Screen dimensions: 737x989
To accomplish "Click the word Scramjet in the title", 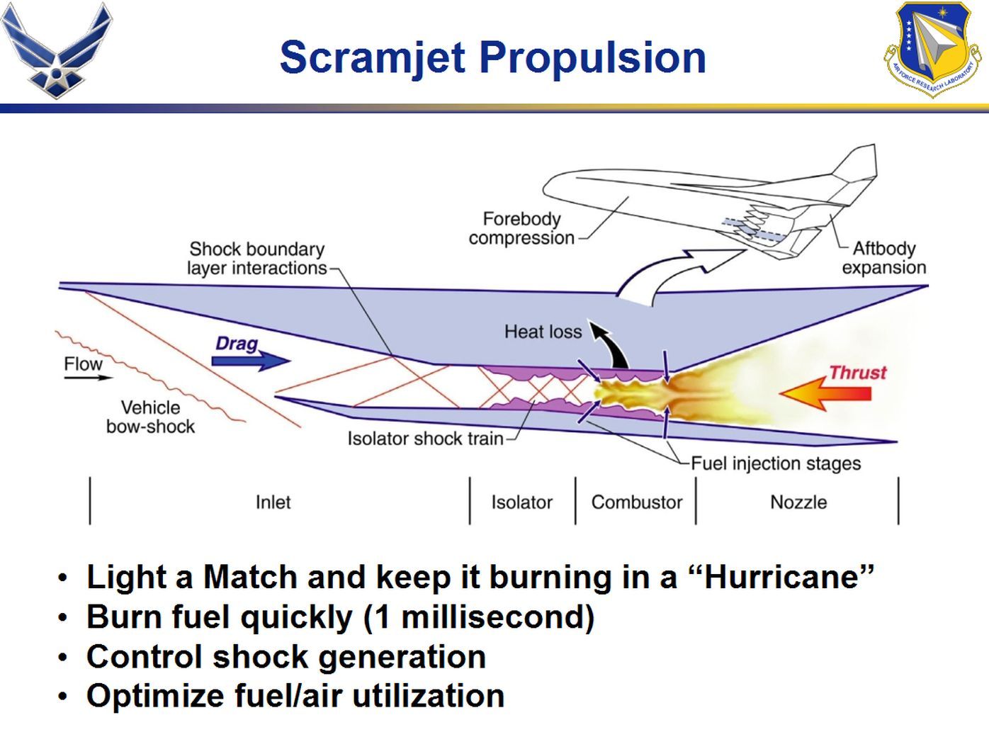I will (372, 57).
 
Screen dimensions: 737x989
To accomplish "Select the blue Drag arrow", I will (252, 361).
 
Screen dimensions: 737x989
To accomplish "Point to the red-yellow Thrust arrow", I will (825, 393).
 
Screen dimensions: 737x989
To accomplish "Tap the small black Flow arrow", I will (88, 378).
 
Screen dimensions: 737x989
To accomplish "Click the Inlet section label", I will (273, 502).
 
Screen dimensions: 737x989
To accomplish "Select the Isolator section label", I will (521, 502).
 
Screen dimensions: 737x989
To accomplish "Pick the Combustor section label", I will (636, 502).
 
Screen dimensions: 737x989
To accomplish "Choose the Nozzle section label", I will (798, 502).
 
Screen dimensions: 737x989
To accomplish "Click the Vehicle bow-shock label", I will (150, 417).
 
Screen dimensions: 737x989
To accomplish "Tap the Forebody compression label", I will (521, 228).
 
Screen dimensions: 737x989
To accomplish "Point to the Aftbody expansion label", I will (883, 258).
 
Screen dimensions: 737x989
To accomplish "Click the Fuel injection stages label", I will (776, 463).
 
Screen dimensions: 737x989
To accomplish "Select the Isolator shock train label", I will (425, 439).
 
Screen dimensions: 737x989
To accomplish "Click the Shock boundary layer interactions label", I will (256, 259).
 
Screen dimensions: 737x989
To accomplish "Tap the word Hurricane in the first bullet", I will (789, 577).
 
